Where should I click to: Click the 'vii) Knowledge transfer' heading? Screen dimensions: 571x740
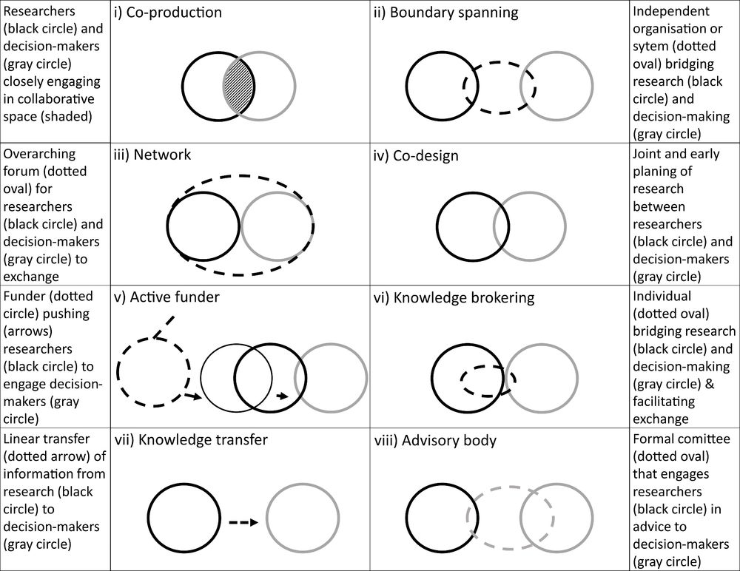(x=190, y=440)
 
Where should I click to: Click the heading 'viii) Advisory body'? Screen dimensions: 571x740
(x=436, y=440)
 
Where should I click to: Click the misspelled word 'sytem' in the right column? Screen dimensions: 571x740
(x=654, y=47)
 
